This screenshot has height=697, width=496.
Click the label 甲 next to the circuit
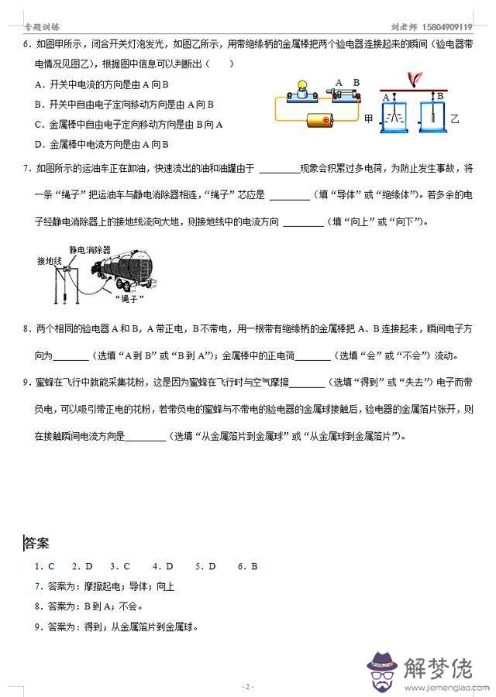[368, 118]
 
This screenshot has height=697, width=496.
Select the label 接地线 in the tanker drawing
[49, 262]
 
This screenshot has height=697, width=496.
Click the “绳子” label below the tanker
[129, 298]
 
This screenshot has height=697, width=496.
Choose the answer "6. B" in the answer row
[247, 566]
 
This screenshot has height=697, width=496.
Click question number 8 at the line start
[27, 329]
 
